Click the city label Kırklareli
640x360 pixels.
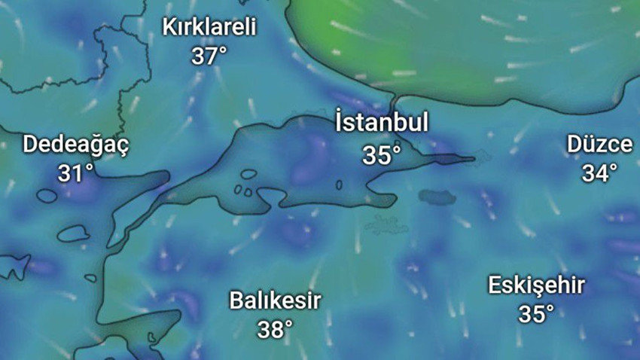pos(209,28)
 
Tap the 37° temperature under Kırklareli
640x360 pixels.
pos(209,56)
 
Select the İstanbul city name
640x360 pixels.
pos(382,123)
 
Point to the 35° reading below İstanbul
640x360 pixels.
pos(382,155)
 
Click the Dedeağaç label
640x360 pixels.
pos(76,144)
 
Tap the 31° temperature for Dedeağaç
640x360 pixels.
pos(76,173)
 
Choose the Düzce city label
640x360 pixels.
pos(600,145)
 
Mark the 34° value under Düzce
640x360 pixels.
pos(599,173)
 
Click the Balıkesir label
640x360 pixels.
pos(276,301)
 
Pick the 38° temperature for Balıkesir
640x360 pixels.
pos(275,329)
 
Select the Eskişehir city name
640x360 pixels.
pos(536,286)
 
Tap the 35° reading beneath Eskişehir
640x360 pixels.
pos(536,314)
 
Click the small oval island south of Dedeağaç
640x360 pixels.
pos(47,196)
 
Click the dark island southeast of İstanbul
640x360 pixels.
pos(437,197)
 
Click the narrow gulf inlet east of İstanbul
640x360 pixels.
pos(452,159)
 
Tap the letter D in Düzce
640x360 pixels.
pos(575,145)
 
